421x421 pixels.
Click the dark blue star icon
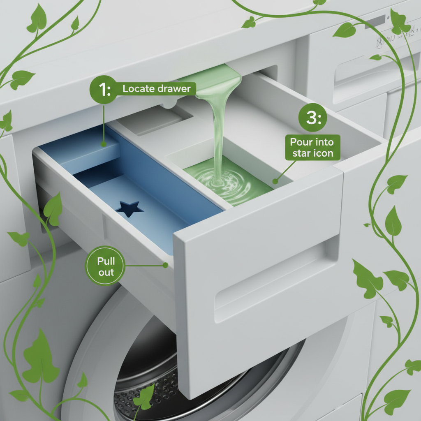click(x=129, y=208)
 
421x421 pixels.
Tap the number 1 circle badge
click(x=104, y=89)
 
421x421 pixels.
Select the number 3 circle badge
click(x=313, y=118)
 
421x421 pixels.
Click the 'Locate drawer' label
click(x=157, y=89)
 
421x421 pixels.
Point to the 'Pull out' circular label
click(x=105, y=266)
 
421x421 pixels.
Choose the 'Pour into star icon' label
click(x=312, y=148)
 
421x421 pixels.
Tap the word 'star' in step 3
click(x=301, y=154)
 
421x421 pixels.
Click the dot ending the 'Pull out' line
click(x=165, y=265)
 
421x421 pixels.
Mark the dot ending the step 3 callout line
click(x=275, y=181)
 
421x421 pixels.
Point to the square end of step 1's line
click(x=104, y=144)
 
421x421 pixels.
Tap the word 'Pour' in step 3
click(x=302, y=142)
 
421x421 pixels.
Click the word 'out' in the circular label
click(x=106, y=273)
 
